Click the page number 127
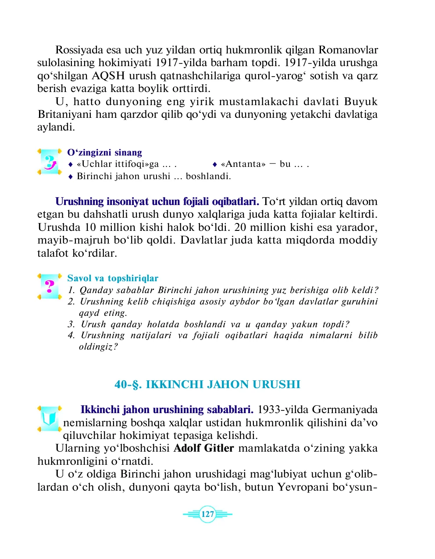coord(207,514)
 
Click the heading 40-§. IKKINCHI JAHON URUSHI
coord(207,385)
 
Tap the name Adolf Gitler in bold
coord(204,448)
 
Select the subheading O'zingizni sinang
coord(104,152)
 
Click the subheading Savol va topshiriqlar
coord(113,278)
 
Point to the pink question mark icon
coord(50,287)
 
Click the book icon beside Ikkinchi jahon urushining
coord(50,418)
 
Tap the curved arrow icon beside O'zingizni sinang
coord(50,162)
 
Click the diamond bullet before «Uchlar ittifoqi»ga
coord(70,165)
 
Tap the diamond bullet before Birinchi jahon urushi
coord(70,177)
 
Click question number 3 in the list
coord(71,325)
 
